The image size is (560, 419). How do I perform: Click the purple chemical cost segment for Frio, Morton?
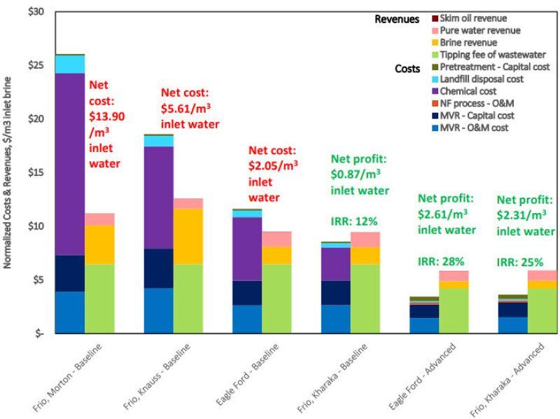tap(70, 164)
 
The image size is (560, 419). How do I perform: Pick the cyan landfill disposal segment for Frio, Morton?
tap(70, 64)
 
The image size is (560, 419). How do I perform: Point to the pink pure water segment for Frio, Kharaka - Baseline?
tap(365, 239)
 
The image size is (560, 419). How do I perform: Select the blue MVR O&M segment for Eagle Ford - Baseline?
tap(248, 319)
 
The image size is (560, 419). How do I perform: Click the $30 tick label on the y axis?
tap(34, 12)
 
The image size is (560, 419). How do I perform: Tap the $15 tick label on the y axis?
tap(34, 172)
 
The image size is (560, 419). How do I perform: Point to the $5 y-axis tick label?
tap(36, 280)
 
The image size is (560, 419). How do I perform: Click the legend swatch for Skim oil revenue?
tap(435, 18)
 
